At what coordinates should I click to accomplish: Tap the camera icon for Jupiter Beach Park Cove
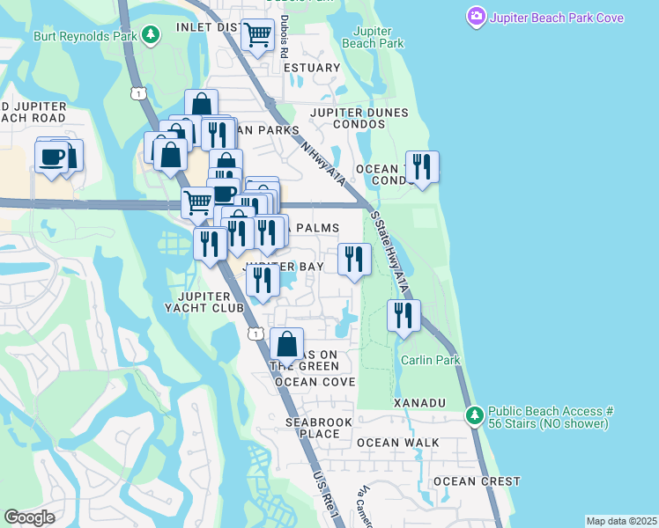pyautogui.click(x=477, y=17)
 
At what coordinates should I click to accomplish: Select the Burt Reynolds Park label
pyautogui.click(x=86, y=36)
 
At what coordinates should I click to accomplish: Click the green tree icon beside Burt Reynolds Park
pyautogui.click(x=152, y=35)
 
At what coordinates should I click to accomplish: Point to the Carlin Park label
pyautogui.click(x=431, y=360)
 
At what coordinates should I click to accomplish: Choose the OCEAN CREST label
pyautogui.click(x=476, y=481)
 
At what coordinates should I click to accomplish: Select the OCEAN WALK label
pyautogui.click(x=392, y=442)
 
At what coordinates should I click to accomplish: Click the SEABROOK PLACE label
pyautogui.click(x=318, y=428)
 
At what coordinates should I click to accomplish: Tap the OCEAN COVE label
pyautogui.click(x=315, y=382)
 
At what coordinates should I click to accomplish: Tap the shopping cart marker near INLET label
pyautogui.click(x=257, y=36)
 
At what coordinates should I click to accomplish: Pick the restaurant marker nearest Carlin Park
pyautogui.click(x=404, y=316)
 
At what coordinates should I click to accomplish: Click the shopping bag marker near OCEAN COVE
pyautogui.click(x=286, y=344)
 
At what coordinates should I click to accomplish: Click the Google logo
pyautogui.click(x=29, y=517)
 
